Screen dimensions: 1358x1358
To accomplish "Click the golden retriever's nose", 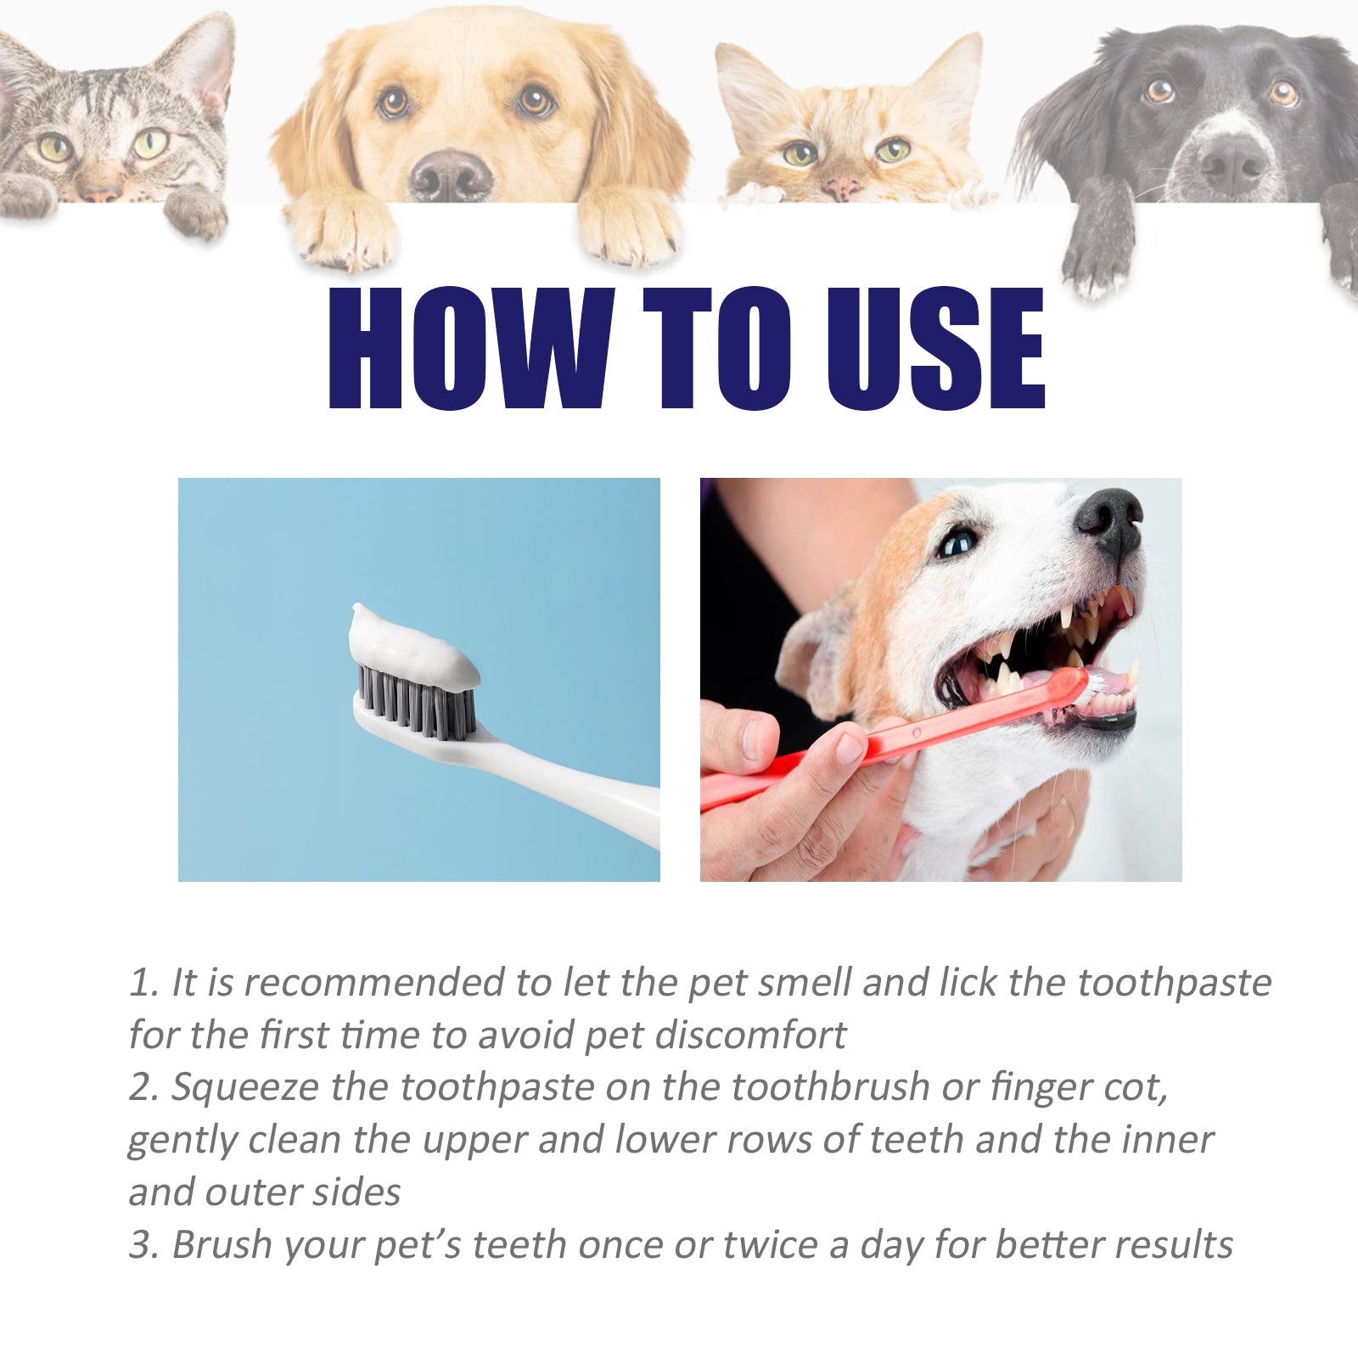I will point(451,175).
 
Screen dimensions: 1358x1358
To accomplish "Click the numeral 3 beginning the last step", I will point(140,1246).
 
